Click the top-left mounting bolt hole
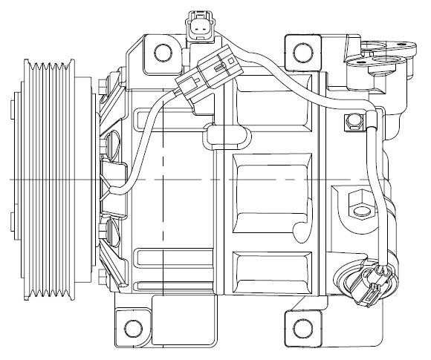(160, 51)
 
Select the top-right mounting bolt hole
(301, 52)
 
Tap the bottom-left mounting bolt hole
(133, 327)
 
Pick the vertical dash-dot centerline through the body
(161, 223)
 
